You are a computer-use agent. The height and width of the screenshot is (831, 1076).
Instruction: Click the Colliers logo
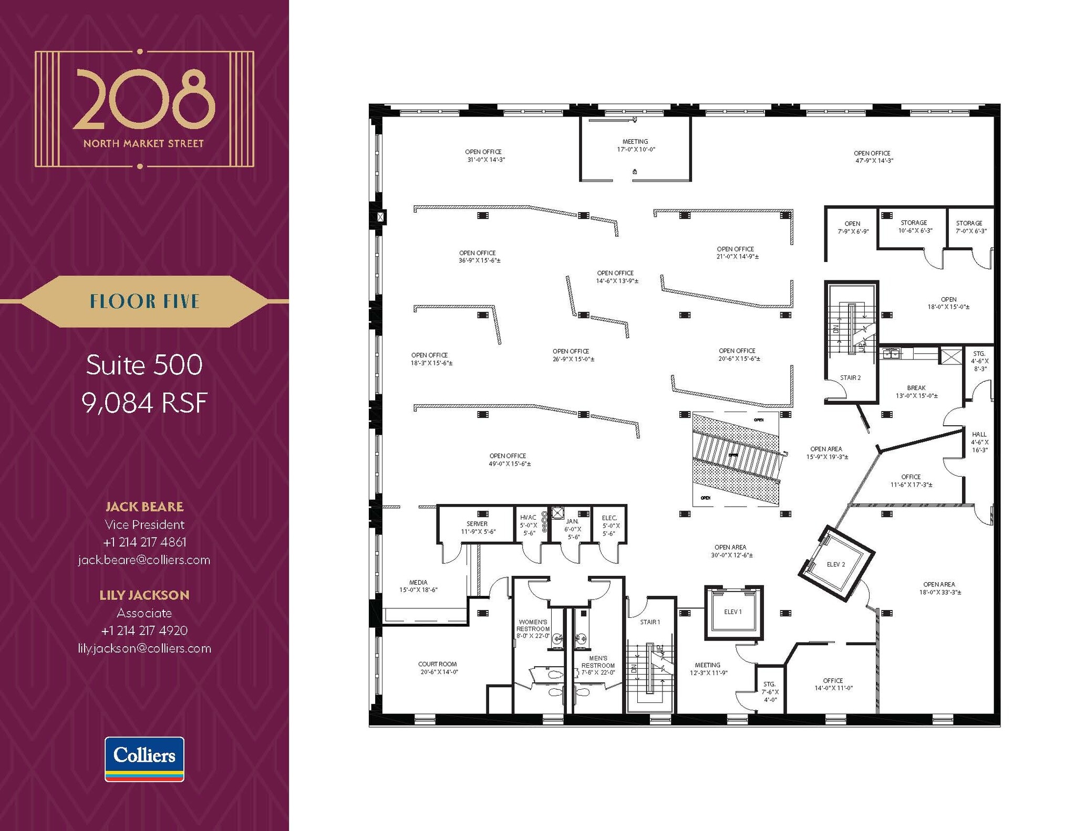pyautogui.click(x=144, y=759)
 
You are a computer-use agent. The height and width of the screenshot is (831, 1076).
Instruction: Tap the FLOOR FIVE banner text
pyautogui.click(x=144, y=301)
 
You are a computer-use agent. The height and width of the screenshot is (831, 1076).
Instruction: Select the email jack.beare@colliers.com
pyautogui.click(x=144, y=560)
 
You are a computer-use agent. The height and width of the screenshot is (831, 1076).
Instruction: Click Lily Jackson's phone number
pyautogui.click(x=144, y=630)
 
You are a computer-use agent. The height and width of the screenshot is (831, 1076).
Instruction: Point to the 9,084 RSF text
pyautogui.click(x=144, y=403)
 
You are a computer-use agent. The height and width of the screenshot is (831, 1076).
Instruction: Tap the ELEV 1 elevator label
pyautogui.click(x=733, y=612)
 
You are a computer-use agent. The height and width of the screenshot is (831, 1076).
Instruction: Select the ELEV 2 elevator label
pyautogui.click(x=836, y=564)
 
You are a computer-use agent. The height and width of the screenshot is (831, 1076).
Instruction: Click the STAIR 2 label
pyautogui.click(x=850, y=377)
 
